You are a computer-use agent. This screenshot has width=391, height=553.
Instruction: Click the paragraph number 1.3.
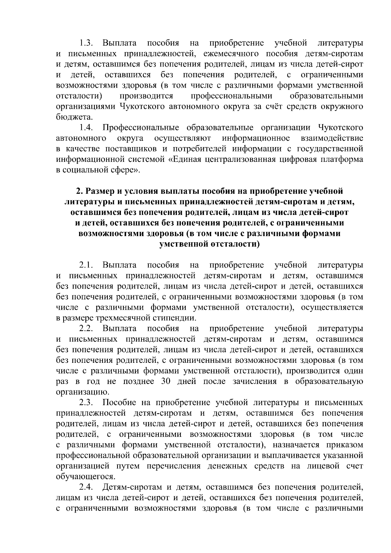coord(86,43)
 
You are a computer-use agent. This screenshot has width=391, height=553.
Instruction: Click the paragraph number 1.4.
coord(86,128)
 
